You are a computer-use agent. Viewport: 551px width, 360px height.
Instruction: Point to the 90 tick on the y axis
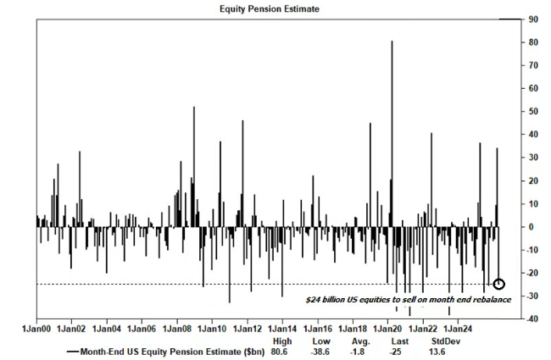click(x=532, y=19)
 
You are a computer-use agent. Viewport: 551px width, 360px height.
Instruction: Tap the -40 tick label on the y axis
click(x=532, y=319)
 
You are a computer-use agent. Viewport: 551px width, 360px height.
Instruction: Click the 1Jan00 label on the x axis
click(x=36, y=326)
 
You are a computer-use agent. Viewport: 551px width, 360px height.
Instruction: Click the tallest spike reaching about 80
click(x=392, y=42)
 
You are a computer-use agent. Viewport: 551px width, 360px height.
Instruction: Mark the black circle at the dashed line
click(x=499, y=284)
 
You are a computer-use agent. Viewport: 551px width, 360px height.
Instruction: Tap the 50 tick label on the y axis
click(x=532, y=111)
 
